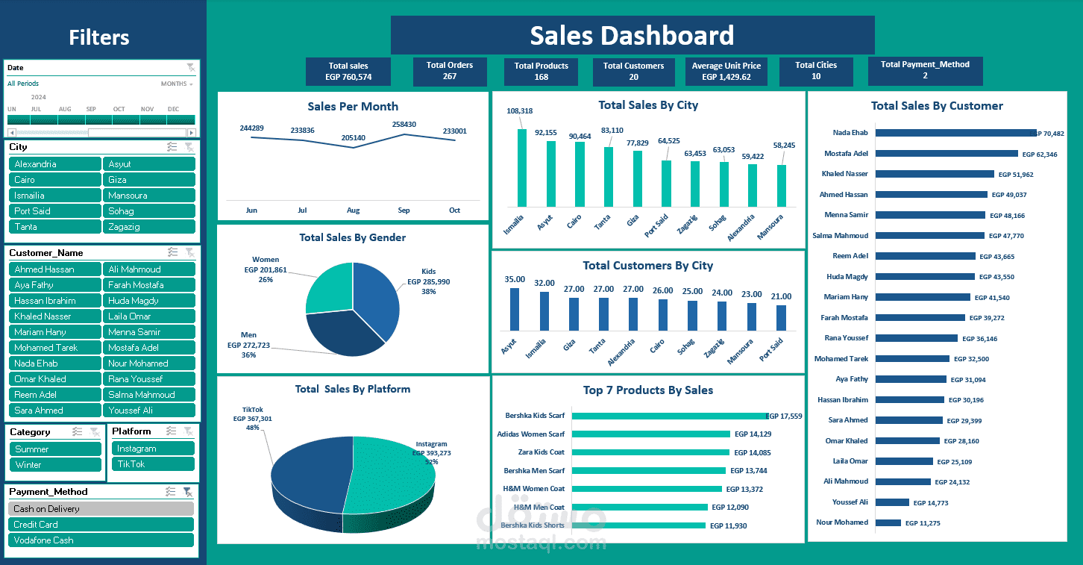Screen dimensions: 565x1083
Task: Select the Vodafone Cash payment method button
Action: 101,540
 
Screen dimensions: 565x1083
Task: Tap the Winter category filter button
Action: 56,465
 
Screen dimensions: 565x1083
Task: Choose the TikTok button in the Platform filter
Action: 153,464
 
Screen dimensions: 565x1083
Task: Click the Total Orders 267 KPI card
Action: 450,72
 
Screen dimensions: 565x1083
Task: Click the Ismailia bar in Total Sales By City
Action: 522,168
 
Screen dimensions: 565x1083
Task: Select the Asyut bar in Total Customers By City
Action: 515,309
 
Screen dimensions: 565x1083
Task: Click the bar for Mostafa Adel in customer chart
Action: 946,154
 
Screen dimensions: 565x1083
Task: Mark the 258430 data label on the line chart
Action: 404,124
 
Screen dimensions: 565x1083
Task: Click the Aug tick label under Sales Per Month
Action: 353,210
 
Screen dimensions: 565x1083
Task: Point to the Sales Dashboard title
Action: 632,36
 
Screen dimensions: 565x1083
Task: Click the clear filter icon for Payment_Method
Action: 188,492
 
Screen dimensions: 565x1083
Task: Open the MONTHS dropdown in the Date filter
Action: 177,84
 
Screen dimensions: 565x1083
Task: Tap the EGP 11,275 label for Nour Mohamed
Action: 923,523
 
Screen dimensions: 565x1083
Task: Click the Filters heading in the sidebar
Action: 99,37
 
